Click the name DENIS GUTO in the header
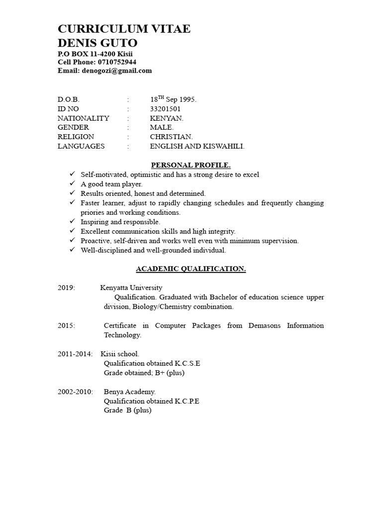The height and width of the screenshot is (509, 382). point(97,42)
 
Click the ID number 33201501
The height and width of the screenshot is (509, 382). point(165,109)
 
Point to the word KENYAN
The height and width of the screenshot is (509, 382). point(167,118)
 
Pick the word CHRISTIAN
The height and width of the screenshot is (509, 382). point(171,137)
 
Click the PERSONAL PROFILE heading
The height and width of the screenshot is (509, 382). point(191,165)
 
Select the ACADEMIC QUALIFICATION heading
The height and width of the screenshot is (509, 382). point(191,269)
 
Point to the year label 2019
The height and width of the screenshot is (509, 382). point(66,288)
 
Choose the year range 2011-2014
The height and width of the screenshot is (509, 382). point(75,354)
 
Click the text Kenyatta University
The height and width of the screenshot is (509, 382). point(131,288)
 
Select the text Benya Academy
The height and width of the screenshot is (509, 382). point(129,392)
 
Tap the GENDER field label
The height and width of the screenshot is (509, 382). point(73,127)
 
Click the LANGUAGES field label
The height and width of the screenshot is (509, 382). point(81,146)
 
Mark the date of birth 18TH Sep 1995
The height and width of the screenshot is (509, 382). point(173,99)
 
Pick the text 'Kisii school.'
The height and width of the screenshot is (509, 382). point(120,354)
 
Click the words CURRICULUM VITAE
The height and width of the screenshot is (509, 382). point(124,29)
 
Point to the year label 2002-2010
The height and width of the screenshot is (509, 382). point(75,392)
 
